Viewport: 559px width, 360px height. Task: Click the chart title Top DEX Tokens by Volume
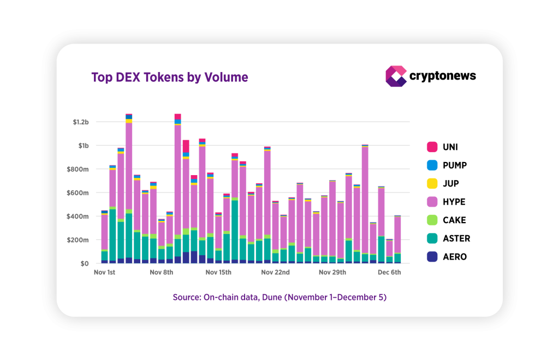170,77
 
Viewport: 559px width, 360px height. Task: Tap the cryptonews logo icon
396,76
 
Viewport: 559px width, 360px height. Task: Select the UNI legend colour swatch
432,147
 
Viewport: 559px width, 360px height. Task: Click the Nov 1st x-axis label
104,272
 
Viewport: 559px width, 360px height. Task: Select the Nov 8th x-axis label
161,272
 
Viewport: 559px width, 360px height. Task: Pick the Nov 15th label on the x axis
217,272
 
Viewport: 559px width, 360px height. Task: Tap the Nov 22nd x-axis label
275,272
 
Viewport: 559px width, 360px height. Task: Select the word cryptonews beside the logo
443,76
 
